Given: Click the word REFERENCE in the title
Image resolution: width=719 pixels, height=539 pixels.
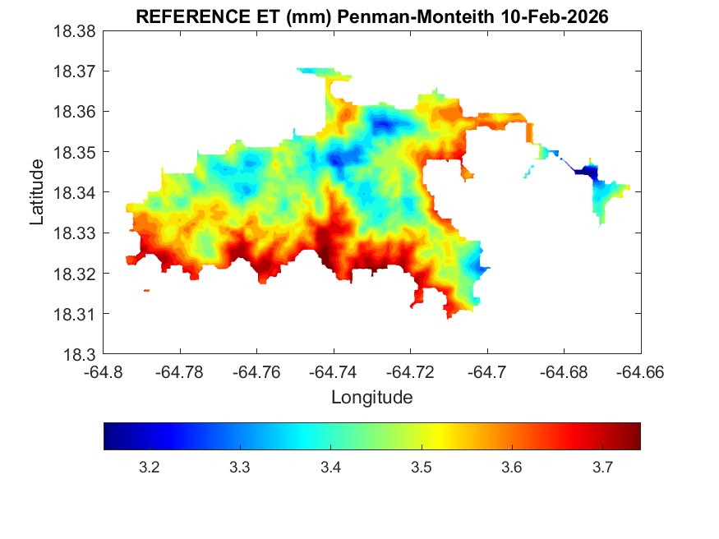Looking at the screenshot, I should (181, 17).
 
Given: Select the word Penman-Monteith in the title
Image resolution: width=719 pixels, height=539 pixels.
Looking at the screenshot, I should (415, 17).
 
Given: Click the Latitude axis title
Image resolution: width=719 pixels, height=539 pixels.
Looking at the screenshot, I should (37, 192).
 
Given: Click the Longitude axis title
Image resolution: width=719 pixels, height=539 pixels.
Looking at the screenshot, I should (371, 398).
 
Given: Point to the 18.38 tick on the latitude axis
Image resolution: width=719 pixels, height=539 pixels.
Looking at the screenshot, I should (76, 31).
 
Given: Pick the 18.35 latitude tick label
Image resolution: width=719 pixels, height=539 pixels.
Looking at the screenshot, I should (76, 152).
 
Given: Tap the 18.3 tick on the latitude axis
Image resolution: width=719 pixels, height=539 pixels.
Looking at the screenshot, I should (81, 355).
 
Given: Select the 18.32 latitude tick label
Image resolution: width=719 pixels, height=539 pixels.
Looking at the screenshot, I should (76, 274).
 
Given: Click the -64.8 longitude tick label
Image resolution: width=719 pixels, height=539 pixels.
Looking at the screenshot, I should (104, 371).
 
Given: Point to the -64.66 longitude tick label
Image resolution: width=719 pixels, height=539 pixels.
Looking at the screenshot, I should (640, 371).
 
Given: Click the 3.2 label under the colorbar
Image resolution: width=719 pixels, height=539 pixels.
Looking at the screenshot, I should (149, 468).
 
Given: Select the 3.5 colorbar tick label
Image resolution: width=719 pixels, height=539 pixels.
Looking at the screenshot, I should (421, 468).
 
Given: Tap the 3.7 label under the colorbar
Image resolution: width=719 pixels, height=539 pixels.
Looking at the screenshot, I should (602, 468).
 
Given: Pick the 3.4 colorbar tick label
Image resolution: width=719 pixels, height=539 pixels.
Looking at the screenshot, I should (330, 468).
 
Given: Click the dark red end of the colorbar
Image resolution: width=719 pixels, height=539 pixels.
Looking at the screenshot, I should (634, 436).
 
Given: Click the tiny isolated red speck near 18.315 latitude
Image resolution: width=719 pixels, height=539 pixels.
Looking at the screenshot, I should (146, 290).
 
